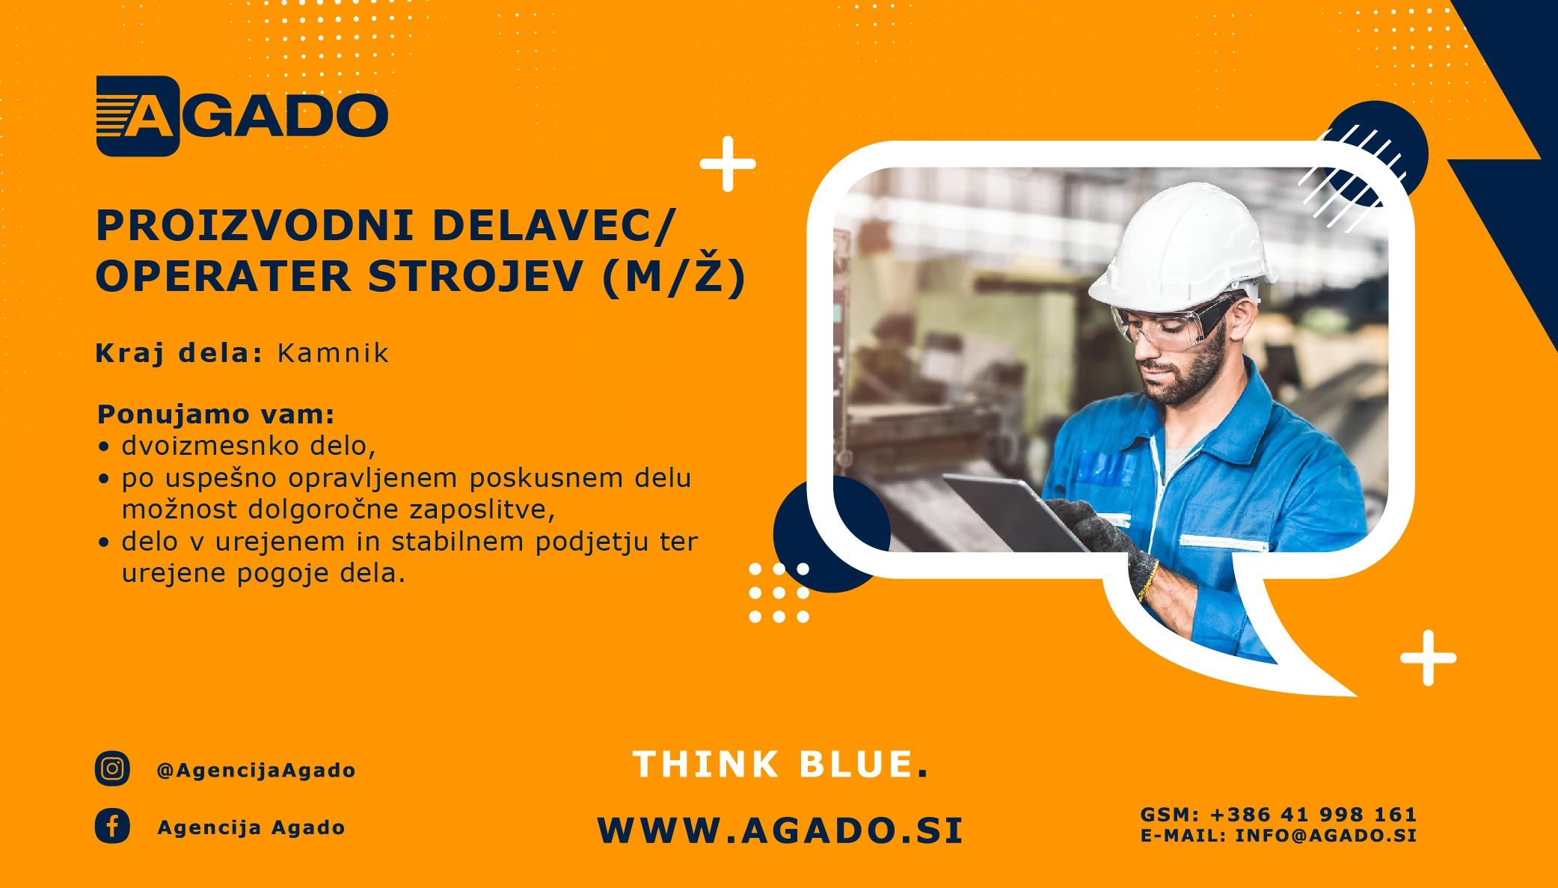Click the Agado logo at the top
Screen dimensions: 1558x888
point(242,116)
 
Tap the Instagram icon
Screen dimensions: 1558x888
point(112,768)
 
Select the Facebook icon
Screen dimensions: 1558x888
point(112,826)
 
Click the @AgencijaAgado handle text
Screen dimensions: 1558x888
point(256,770)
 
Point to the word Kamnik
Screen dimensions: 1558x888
point(334,353)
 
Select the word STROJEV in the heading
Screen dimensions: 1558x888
point(475,276)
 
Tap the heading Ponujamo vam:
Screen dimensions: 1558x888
point(216,414)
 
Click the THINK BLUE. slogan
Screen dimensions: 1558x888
point(780,765)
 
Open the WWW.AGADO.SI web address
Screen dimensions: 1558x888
point(780,830)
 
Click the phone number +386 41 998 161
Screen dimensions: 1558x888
point(1313,814)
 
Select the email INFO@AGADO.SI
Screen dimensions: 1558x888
point(1325,835)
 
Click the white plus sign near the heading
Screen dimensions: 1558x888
point(728,164)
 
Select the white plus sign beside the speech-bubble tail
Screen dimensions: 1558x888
point(1429,658)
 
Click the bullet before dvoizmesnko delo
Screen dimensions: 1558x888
point(104,447)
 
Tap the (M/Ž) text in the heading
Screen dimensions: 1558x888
point(675,276)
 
